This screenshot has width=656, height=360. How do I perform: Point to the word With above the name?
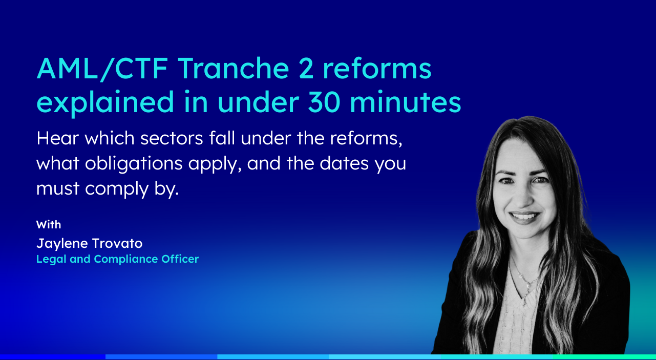tap(49, 224)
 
